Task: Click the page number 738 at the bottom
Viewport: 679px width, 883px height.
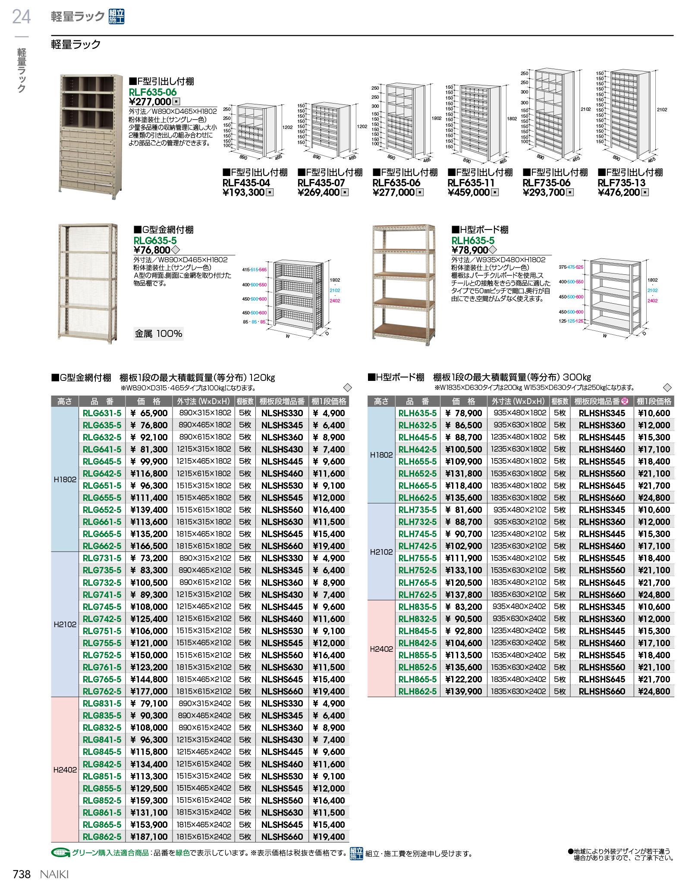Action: coord(22,874)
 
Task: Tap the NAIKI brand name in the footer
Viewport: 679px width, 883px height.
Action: coord(54,874)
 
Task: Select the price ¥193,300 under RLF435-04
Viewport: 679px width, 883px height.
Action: coord(244,192)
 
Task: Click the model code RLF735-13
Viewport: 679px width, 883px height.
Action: coord(621,183)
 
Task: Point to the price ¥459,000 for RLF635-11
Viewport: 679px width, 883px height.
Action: coord(469,192)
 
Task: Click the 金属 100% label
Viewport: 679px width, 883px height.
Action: coord(158,333)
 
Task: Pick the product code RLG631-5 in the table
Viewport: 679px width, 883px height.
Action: coord(102,413)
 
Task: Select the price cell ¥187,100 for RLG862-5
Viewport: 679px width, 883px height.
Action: coord(149,836)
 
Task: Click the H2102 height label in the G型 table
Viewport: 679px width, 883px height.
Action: coord(65,624)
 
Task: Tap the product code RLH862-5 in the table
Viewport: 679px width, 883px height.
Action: coord(418,691)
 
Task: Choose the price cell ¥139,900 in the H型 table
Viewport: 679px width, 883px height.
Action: coord(463,691)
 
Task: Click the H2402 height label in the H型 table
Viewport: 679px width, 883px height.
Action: coord(381,649)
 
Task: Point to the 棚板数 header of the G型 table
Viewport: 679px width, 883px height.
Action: coord(245,402)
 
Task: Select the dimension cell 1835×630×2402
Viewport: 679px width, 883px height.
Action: coord(518,691)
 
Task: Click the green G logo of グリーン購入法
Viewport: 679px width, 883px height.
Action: coord(60,853)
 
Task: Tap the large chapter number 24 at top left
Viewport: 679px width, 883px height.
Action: coord(22,17)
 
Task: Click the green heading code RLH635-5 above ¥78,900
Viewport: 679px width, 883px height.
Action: coord(473,241)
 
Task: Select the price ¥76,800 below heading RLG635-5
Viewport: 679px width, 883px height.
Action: coord(152,250)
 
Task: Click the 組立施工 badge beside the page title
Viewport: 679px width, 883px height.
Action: coord(116,17)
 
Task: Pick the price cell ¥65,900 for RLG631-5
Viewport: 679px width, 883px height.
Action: coord(149,413)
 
